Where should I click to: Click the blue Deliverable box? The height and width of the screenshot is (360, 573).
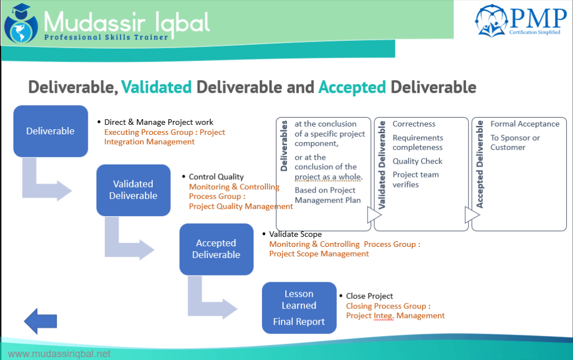click(x=50, y=130)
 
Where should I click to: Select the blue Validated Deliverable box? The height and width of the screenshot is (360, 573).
click(x=133, y=190)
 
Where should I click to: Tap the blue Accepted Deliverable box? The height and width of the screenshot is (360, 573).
click(x=216, y=249)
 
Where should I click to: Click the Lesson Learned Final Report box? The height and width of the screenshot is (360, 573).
click(x=299, y=307)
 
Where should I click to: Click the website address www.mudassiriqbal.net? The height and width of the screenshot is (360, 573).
click(x=59, y=354)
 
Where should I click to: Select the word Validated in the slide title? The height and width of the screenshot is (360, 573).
click(x=156, y=87)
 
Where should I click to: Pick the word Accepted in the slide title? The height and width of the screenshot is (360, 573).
click(x=352, y=87)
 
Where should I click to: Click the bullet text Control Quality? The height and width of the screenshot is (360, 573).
click(x=216, y=177)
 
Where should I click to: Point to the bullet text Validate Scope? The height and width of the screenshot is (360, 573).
click(x=295, y=234)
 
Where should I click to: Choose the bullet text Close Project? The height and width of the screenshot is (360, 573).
click(x=369, y=296)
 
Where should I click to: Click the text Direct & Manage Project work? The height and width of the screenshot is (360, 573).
click(x=158, y=122)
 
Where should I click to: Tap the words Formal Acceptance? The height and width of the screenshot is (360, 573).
click(x=525, y=124)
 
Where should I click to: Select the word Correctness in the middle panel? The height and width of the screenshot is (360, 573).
click(x=414, y=124)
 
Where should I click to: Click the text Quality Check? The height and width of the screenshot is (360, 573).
click(x=417, y=161)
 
